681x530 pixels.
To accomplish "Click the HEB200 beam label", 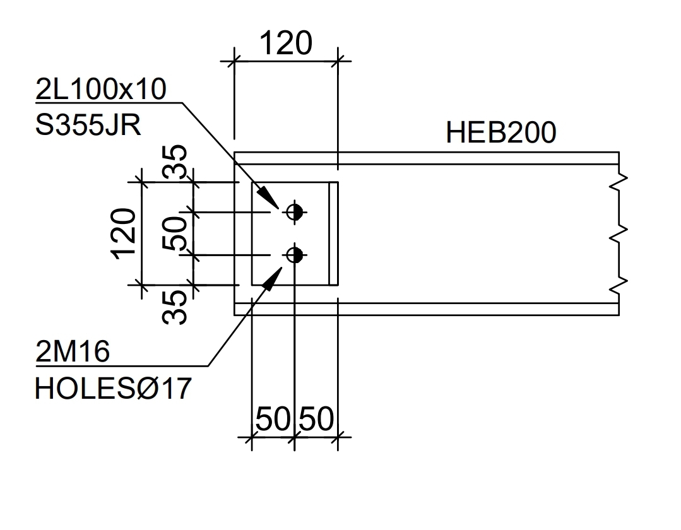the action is (x=500, y=132).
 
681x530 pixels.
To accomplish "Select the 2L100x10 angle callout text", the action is (x=101, y=89).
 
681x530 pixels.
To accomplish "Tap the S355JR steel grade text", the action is (x=88, y=126).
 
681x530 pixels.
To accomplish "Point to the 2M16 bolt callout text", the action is (x=73, y=351).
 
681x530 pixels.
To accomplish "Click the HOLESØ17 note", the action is (x=113, y=388).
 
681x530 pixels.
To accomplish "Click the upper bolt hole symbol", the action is (x=295, y=212).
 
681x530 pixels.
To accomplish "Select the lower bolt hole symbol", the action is (x=295, y=255).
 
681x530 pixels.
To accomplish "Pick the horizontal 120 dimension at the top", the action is (x=286, y=44).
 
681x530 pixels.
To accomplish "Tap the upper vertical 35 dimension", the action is (x=175, y=162).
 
